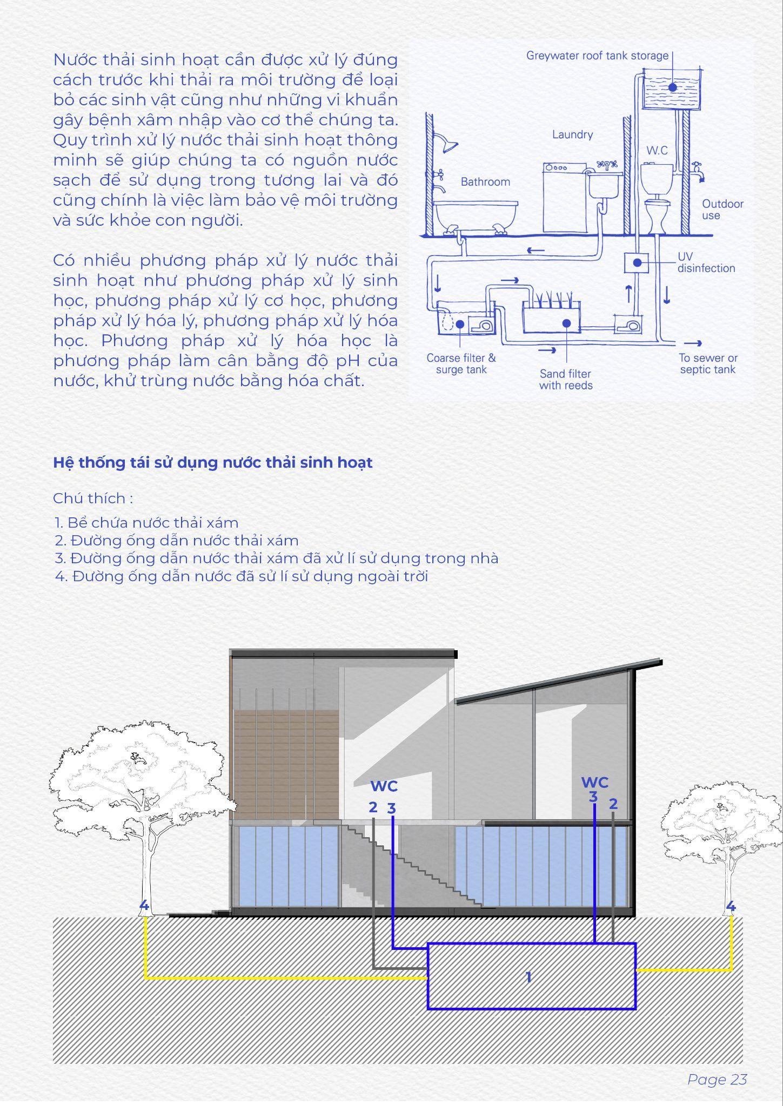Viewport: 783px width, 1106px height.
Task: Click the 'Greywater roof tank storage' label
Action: point(597,56)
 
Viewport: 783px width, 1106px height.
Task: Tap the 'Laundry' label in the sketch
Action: point(572,134)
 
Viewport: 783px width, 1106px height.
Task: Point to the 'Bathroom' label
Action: point(485,182)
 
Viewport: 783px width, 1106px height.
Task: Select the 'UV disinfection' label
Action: point(706,262)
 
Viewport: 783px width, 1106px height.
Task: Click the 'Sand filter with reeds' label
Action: point(565,380)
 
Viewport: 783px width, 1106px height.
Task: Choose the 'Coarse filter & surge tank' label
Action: point(461,363)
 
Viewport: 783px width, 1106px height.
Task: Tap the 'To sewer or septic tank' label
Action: point(708,363)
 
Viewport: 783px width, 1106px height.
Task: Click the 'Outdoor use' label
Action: point(722,210)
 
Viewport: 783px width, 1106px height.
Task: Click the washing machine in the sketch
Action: point(564,198)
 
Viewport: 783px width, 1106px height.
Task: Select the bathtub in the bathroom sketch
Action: point(476,216)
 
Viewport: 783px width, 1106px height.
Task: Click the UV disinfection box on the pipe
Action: point(637,263)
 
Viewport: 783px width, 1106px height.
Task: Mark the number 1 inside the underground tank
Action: point(528,976)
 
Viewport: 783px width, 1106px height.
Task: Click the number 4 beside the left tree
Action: point(144,906)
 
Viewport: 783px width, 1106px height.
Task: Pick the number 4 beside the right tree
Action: point(731,906)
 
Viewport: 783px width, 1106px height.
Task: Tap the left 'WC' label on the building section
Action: point(384,786)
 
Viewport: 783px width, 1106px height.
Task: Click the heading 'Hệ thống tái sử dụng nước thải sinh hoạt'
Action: point(213,463)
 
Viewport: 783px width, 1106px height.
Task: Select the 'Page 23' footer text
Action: point(717,1080)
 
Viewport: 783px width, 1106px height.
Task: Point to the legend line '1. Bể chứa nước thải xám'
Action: point(146,522)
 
